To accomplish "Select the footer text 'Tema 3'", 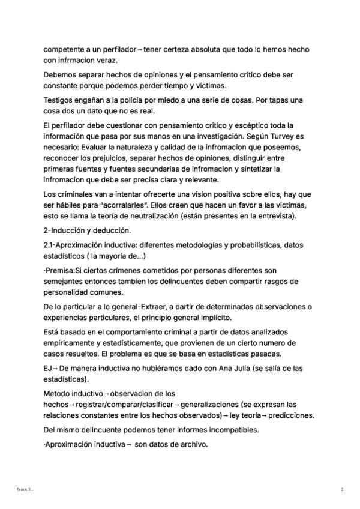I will [x=23, y=490].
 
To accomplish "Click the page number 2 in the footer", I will [x=342, y=490].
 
